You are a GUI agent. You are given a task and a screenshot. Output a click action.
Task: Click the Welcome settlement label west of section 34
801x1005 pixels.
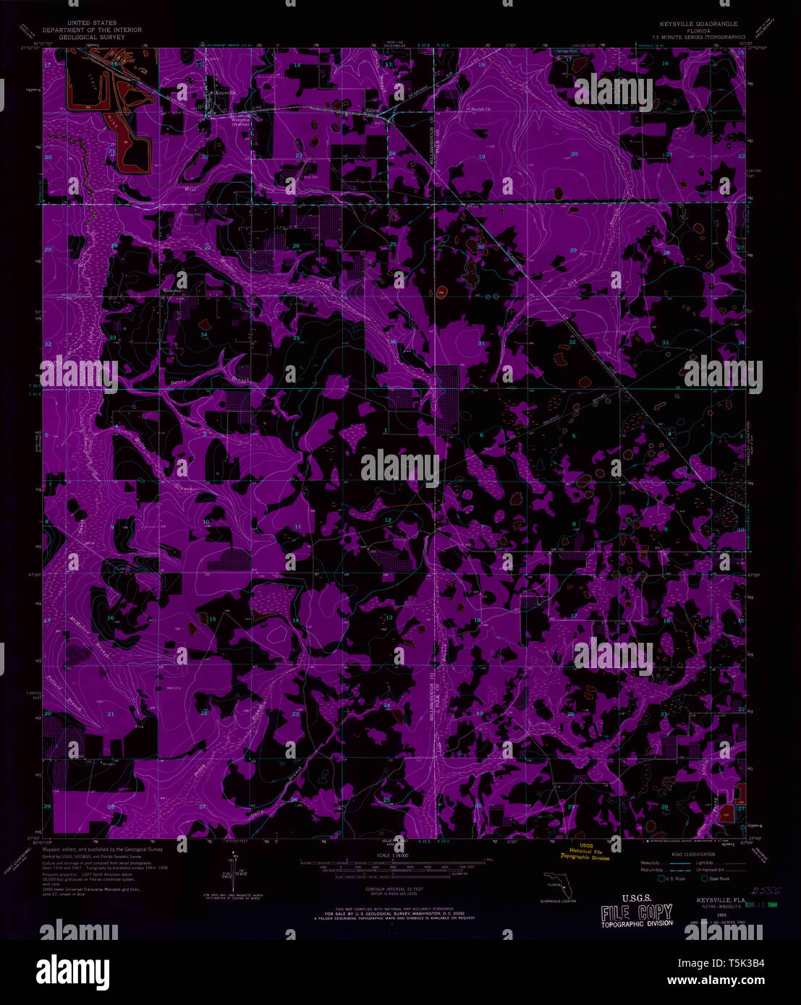(171, 291)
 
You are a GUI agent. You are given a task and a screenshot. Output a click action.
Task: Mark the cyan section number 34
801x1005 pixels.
(204, 335)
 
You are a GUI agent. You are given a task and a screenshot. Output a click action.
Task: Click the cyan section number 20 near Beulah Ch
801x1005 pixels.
(575, 153)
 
